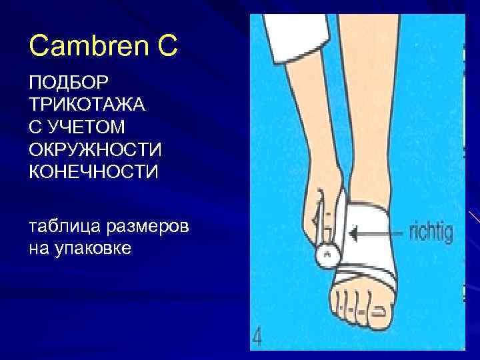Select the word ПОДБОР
62,84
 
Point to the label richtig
429,233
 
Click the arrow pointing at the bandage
377,233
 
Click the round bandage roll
327,254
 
